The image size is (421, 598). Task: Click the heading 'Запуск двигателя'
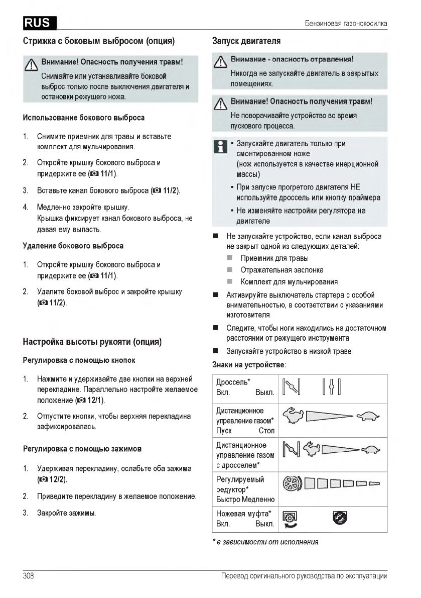tap(246, 40)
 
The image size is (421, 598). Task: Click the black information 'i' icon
tap(219, 147)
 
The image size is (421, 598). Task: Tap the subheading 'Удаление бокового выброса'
tap(73, 246)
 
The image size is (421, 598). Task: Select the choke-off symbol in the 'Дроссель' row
tap(332, 387)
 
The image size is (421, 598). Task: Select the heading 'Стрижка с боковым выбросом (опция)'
tap(98, 40)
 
